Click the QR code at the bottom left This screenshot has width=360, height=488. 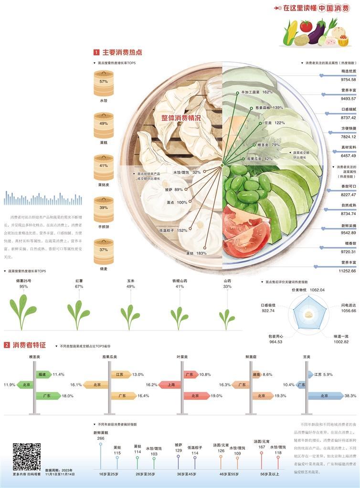tap(27, 457)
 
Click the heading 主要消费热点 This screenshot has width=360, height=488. tap(122, 52)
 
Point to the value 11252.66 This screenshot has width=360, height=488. tap(347, 271)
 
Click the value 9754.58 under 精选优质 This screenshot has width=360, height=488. tap(347, 79)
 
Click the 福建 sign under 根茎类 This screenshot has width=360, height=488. tap(43, 374)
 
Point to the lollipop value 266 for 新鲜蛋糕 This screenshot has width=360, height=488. tap(101, 438)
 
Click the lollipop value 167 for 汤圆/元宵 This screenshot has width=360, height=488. tap(261, 447)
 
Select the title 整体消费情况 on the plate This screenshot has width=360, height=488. tap(180, 117)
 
